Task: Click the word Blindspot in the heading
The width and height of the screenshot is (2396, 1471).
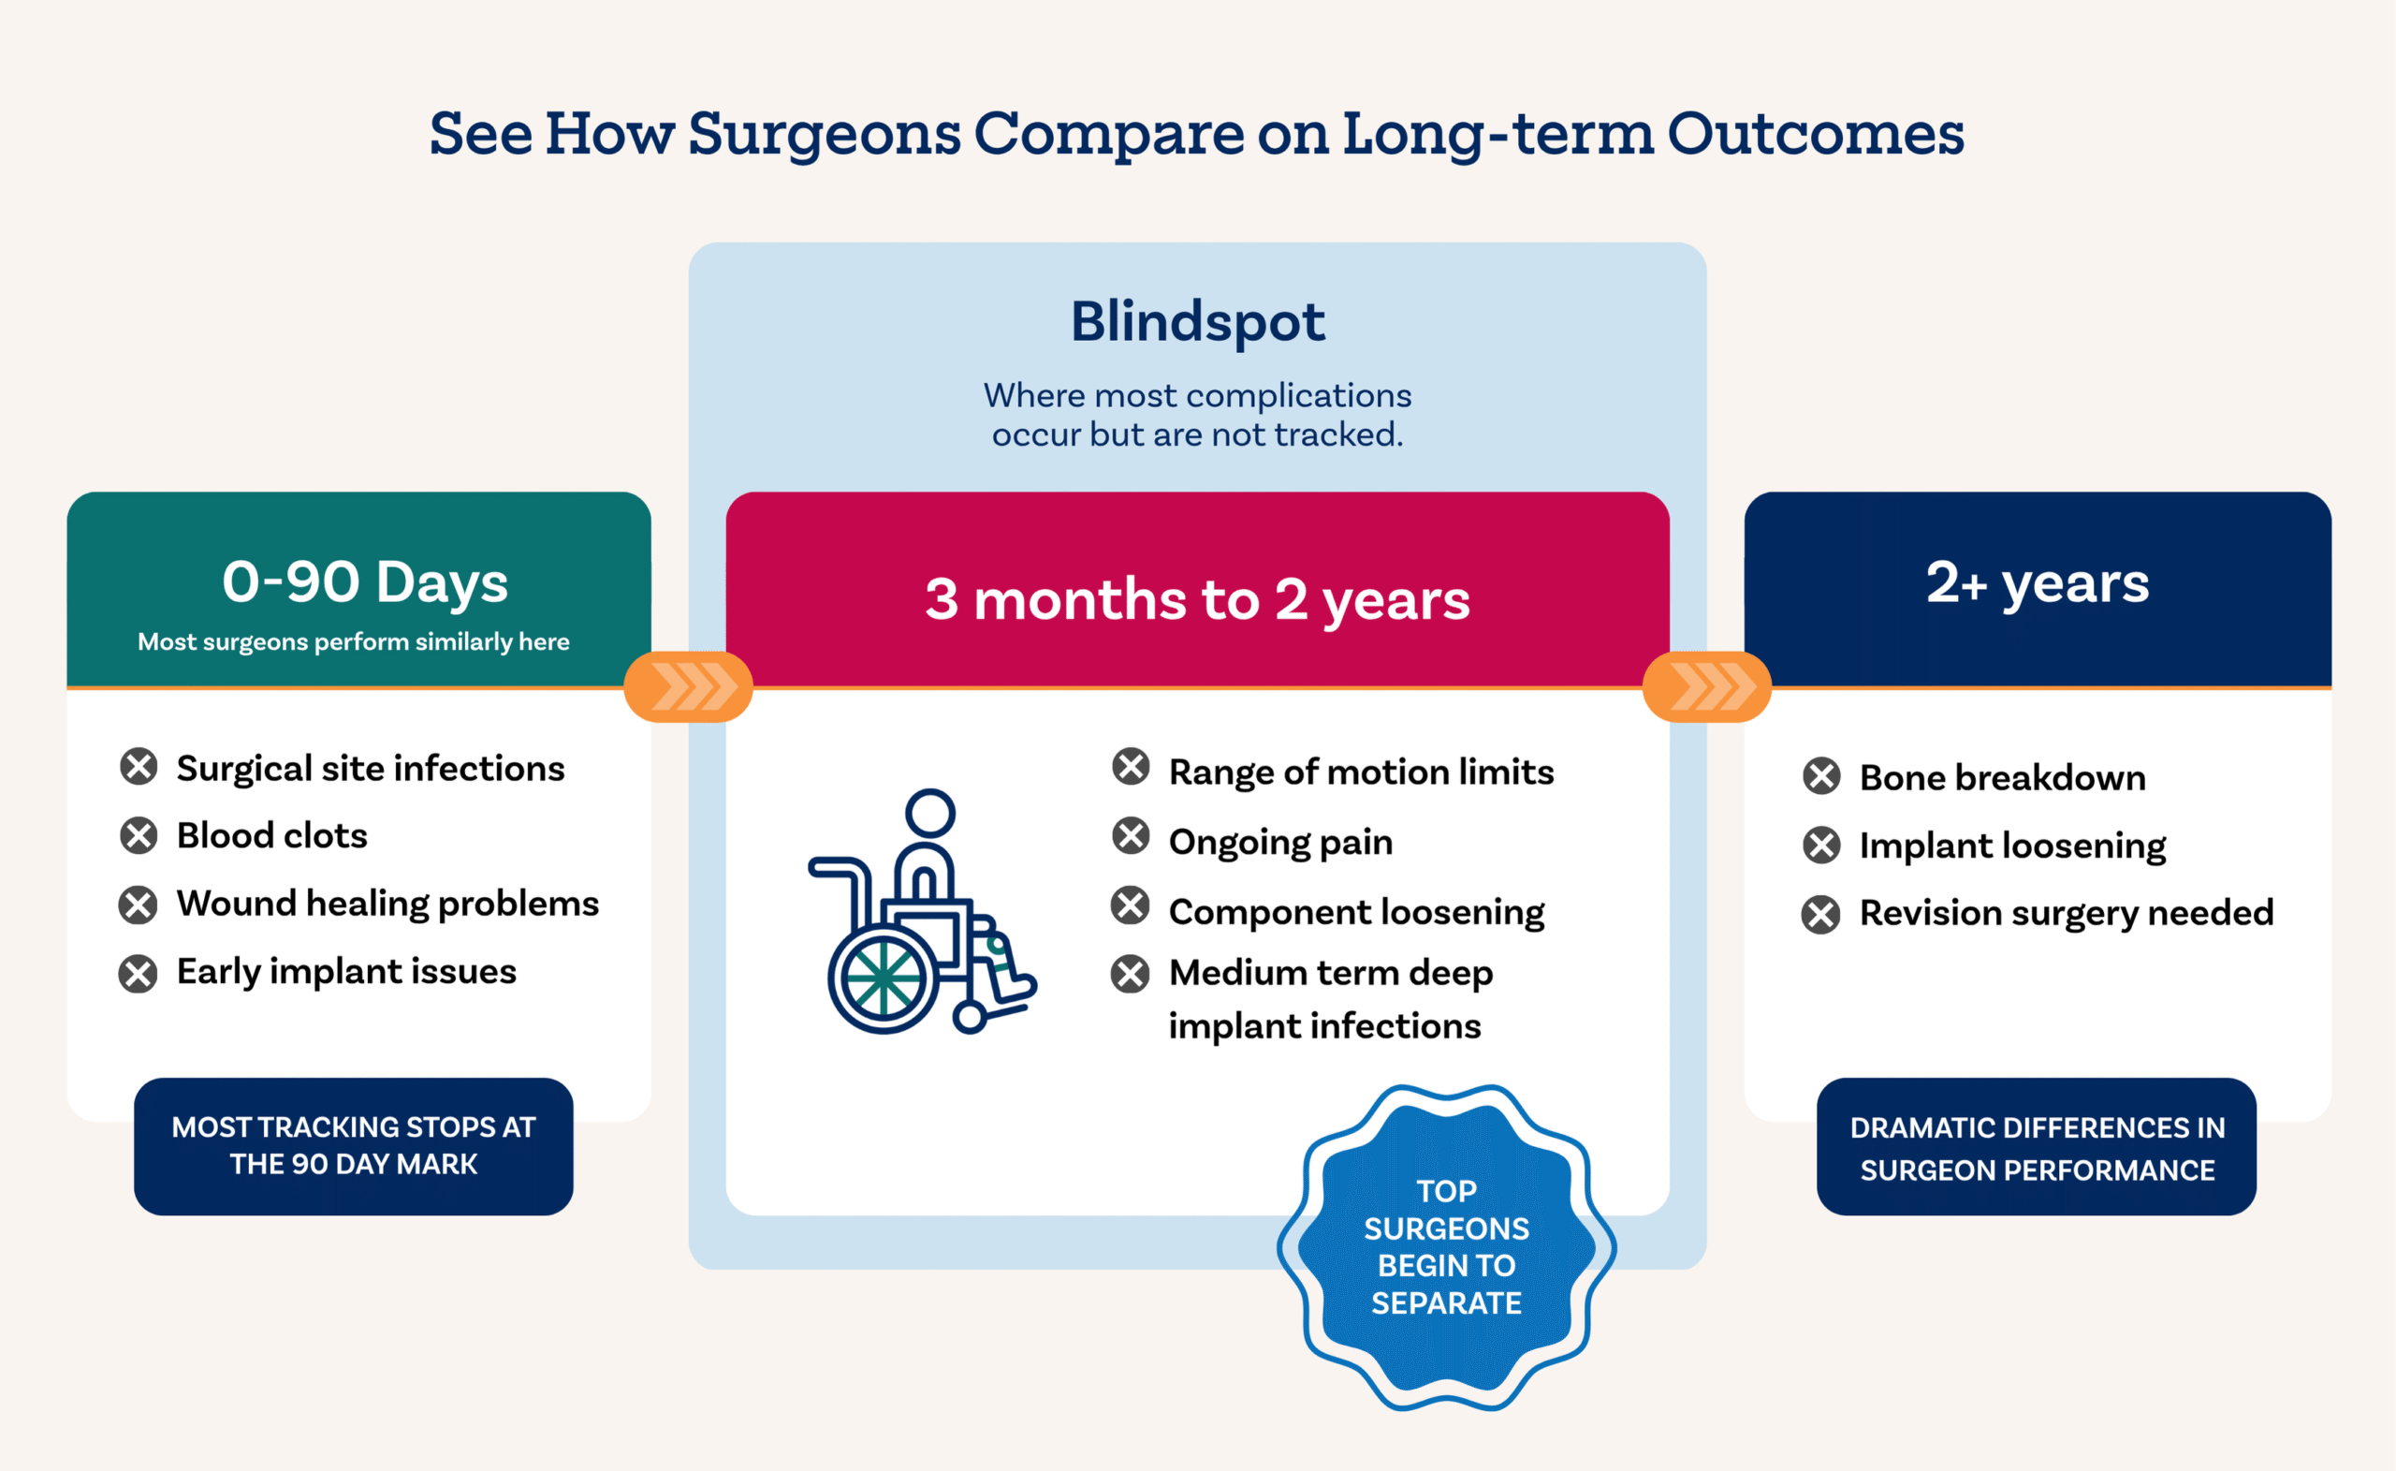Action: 1197,322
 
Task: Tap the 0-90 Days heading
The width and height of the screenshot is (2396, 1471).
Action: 365,581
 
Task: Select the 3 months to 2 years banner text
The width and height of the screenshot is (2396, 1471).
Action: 1197,599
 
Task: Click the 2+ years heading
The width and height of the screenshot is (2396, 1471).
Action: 2038,582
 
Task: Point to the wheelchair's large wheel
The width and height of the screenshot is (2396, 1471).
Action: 883,978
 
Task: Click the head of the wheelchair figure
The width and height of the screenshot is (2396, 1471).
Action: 929,813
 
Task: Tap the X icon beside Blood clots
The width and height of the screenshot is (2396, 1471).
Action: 139,836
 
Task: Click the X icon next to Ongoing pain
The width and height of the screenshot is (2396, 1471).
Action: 1131,836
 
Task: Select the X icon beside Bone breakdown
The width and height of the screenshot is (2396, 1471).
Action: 1821,776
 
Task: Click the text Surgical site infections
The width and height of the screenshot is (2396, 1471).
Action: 371,769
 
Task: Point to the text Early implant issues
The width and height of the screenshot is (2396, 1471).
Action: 346,972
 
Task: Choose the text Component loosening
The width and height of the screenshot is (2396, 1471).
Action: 1356,913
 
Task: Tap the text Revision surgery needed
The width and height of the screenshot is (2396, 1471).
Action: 2067,914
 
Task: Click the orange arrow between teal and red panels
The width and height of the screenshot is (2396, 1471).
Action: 689,687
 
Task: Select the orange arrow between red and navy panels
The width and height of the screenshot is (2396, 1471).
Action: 1706,687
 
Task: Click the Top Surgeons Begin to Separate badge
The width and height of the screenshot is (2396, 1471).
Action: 1446,1247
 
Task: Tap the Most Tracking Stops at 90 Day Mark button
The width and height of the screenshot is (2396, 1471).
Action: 353,1146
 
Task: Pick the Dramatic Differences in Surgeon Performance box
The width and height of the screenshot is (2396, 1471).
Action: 2037,1148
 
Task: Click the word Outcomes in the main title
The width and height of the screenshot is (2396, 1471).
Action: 1816,133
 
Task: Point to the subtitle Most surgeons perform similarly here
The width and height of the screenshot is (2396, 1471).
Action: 353,642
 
